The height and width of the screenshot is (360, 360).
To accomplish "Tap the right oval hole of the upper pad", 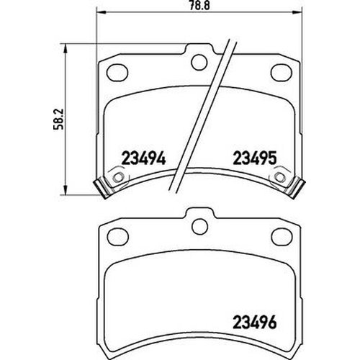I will (x=282, y=71).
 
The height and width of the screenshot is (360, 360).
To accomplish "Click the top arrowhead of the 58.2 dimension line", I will (x=67, y=48).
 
